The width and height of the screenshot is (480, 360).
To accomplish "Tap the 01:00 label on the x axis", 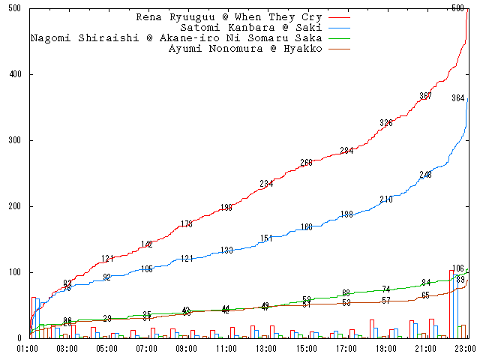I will (x=28, y=349).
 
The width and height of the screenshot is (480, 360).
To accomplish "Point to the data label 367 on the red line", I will (x=426, y=96).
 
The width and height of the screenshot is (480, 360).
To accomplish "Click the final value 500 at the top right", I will (x=458, y=8).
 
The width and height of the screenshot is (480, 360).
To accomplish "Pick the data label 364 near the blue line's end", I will (x=458, y=98).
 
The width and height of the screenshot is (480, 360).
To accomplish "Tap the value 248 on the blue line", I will (x=426, y=175).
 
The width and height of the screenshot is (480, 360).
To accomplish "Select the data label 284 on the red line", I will (x=346, y=151).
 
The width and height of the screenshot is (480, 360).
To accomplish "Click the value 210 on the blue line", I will (x=386, y=199).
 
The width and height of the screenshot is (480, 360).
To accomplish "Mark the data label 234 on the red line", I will (x=267, y=184).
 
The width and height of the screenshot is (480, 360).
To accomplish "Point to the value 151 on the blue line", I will (x=267, y=238).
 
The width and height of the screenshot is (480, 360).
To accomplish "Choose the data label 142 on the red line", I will (x=147, y=244).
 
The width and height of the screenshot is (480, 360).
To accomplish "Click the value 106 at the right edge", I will (x=458, y=268).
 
